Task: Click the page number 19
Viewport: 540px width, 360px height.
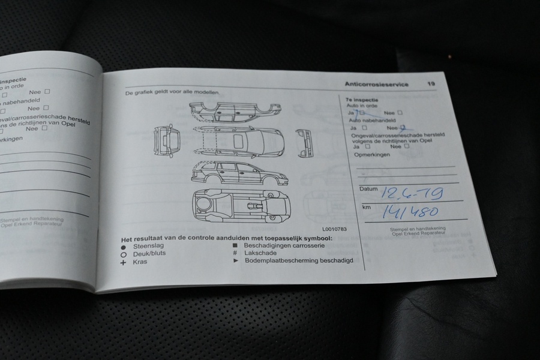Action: (x=431, y=85)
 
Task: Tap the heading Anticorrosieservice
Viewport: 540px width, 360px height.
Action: (x=377, y=85)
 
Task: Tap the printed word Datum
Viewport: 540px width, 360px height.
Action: (x=368, y=188)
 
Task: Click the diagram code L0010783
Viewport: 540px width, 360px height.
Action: (x=334, y=229)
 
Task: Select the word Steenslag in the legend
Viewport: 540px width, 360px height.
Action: (x=148, y=246)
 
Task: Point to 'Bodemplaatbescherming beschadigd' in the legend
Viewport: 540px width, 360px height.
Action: (x=298, y=260)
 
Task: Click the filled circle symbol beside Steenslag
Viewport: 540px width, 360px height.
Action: (x=123, y=247)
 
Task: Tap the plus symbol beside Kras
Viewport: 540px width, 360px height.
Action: (x=123, y=263)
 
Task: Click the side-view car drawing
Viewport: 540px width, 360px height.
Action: (x=239, y=173)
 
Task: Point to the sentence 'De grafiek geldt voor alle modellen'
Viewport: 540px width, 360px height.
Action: (x=172, y=93)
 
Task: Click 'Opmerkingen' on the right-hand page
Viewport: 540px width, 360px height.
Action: (x=373, y=154)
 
